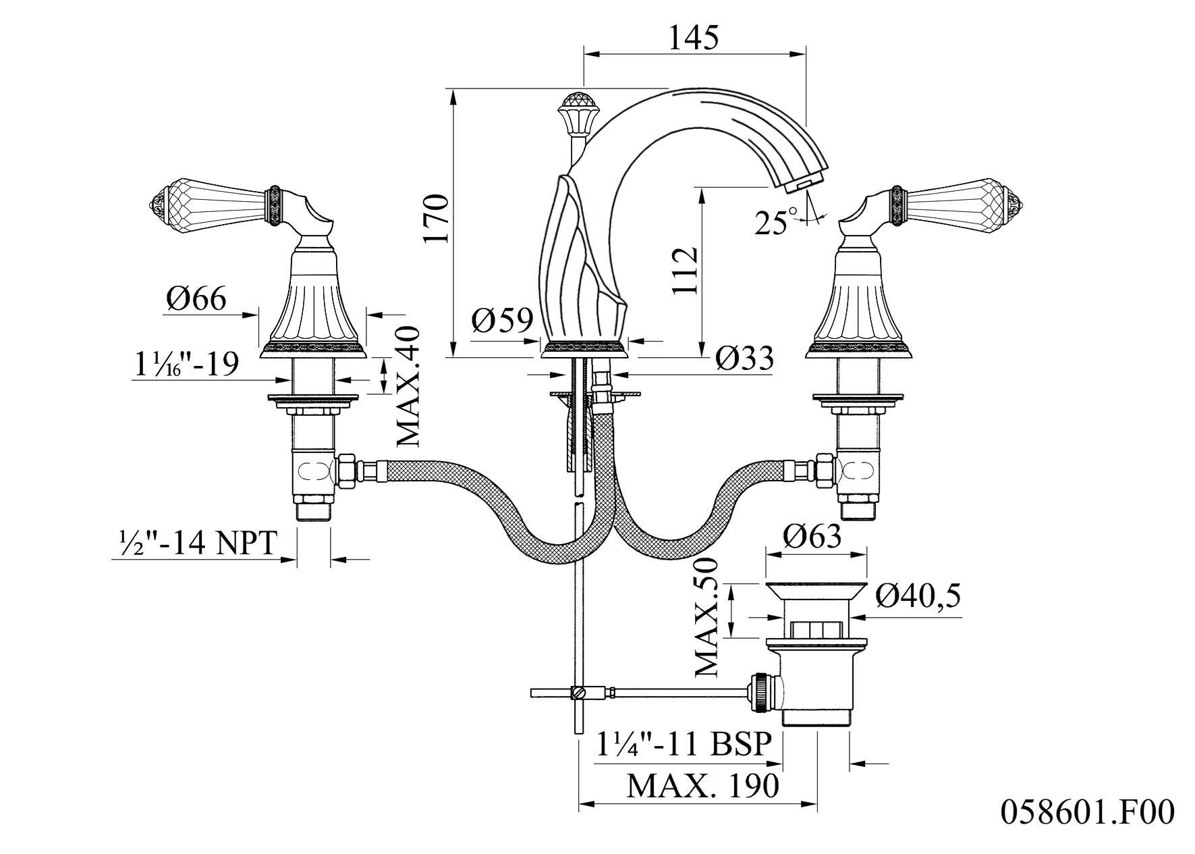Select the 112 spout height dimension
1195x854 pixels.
point(684,271)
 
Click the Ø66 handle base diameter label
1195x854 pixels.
point(196,298)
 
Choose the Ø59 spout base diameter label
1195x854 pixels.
point(503,320)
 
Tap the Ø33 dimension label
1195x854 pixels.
point(744,358)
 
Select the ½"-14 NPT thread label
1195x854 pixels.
point(195,543)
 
